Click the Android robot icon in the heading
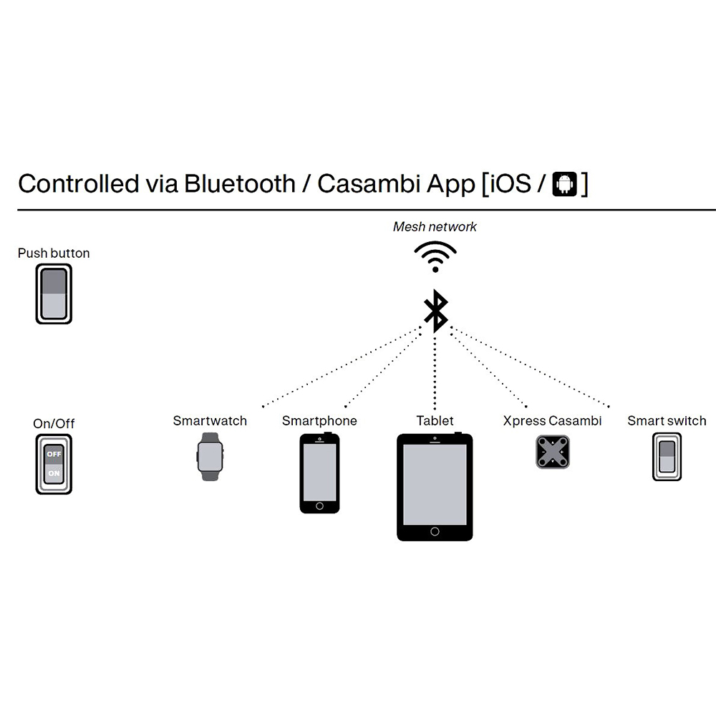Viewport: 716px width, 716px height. [x=565, y=183]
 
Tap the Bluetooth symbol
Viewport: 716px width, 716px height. [x=435, y=311]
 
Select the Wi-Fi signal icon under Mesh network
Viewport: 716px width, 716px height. [x=435, y=256]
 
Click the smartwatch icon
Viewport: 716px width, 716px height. [x=210, y=457]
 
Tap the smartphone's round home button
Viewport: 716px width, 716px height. [x=319, y=506]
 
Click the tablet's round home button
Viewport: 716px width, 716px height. [x=435, y=531]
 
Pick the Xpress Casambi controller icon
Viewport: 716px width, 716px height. [x=553, y=452]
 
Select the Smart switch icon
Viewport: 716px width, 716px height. [x=667, y=457]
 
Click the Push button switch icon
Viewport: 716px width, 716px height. [x=54, y=294]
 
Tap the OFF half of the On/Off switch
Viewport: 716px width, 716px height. [x=54, y=454]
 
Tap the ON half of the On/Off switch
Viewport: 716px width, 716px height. [x=54, y=473]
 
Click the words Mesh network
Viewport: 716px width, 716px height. [x=435, y=226]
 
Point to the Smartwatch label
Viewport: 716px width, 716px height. [x=210, y=420]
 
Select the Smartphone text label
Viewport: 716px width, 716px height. [x=319, y=420]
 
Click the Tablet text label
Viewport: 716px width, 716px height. [x=435, y=420]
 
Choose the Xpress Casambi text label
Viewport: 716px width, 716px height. [x=553, y=420]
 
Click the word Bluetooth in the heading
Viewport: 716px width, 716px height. [x=240, y=183]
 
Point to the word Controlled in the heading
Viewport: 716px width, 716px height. [x=79, y=183]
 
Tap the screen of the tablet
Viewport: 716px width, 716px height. [x=435, y=485]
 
